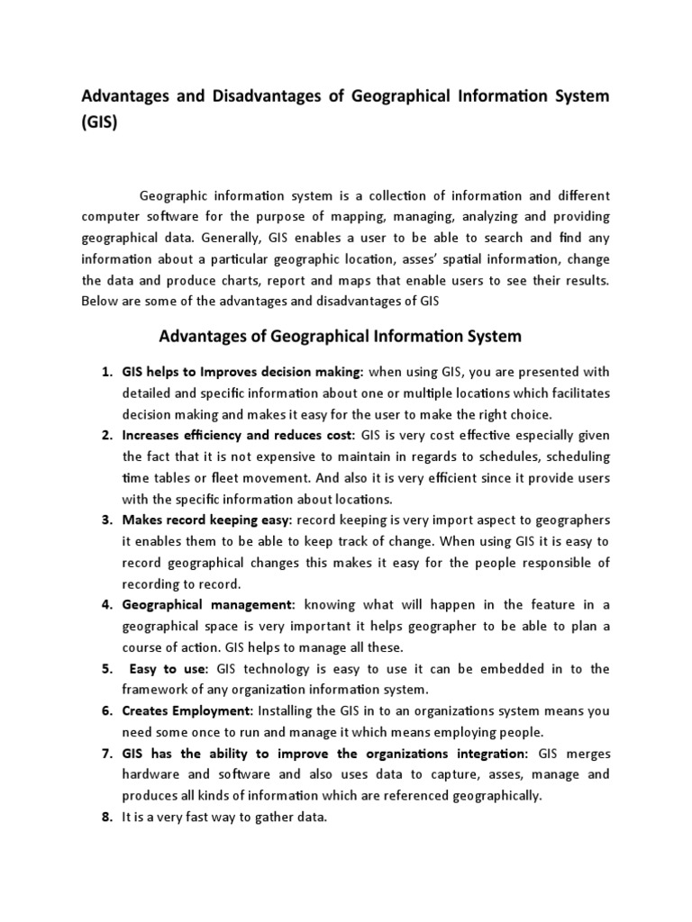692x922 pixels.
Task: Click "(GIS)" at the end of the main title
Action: click(x=99, y=124)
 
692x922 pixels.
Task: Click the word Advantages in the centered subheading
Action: click(x=203, y=336)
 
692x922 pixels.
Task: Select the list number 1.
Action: click(x=105, y=372)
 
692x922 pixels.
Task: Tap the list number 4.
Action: click(x=105, y=604)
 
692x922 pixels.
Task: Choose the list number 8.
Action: click(x=105, y=817)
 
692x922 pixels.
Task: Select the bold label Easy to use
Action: click(x=168, y=668)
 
